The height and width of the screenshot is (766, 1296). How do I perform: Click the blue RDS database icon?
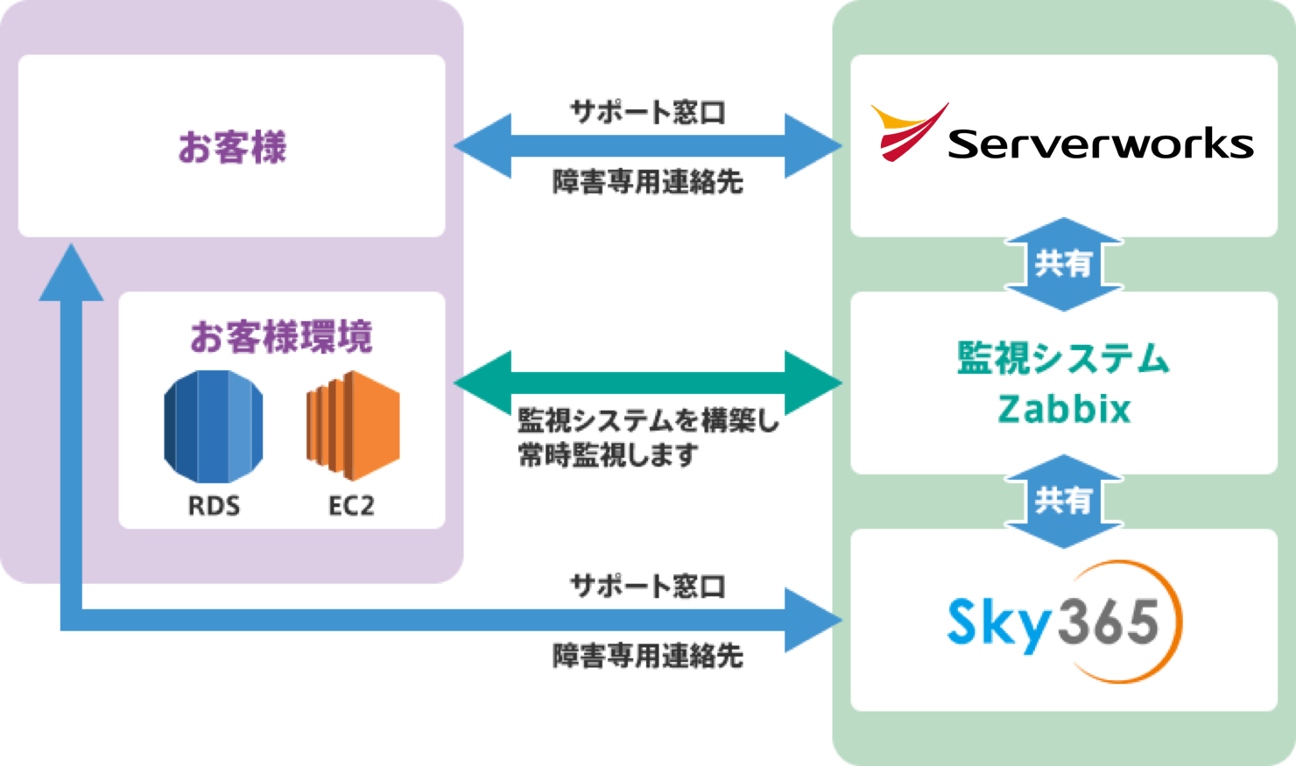213,426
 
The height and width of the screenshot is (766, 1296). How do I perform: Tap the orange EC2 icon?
353,425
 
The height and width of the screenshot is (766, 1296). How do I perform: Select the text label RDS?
214,506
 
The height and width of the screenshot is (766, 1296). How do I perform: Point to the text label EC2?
351,506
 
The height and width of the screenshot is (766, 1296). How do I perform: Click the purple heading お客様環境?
281,337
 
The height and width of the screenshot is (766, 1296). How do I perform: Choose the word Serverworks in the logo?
1100,144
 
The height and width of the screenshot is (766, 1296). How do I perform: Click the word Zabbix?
1064,409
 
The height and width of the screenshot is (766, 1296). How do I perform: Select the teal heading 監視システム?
1063,359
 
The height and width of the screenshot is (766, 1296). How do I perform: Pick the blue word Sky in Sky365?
998,622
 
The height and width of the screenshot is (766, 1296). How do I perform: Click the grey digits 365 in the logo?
1109,622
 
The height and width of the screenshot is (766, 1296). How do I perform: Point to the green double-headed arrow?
648,383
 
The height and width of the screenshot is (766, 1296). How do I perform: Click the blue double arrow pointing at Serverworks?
648,146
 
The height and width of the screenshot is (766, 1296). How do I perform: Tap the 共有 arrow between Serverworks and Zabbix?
1063,264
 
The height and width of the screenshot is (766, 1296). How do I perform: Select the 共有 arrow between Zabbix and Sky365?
1063,501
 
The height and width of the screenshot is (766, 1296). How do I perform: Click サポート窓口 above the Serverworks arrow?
648,112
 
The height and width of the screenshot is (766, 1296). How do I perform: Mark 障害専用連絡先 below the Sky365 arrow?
648,656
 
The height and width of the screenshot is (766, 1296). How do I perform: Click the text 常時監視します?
609,456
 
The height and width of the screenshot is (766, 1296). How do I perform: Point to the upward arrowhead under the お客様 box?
71,274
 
